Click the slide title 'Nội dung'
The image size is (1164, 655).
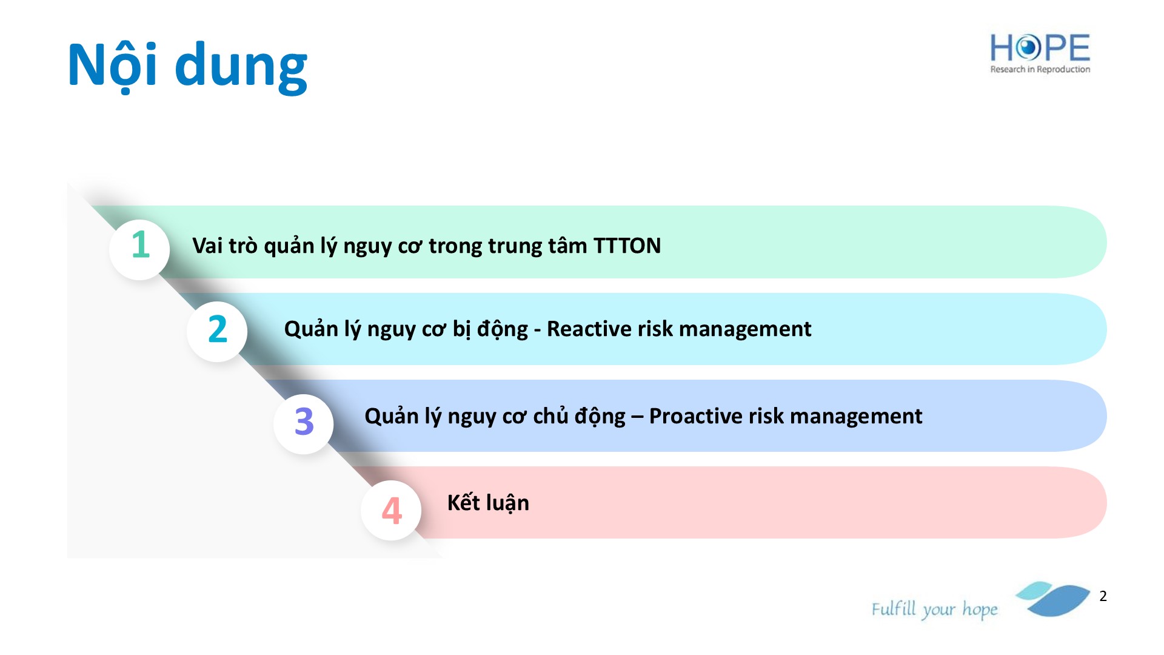click(187, 65)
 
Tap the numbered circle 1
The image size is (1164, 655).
click(139, 249)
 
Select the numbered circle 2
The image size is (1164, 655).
click(217, 331)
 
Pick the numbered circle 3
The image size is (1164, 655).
click(304, 423)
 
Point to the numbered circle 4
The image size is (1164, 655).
click(391, 510)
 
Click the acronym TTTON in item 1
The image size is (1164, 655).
click(627, 246)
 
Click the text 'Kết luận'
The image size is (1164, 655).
click(488, 503)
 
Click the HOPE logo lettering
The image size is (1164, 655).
click(1040, 48)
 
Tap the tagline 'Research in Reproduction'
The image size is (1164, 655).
click(1040, 69)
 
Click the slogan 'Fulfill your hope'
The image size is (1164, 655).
click(934, 609)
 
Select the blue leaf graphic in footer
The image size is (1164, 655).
click(1053, 599)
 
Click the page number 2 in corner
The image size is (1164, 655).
click(1103, 596)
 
